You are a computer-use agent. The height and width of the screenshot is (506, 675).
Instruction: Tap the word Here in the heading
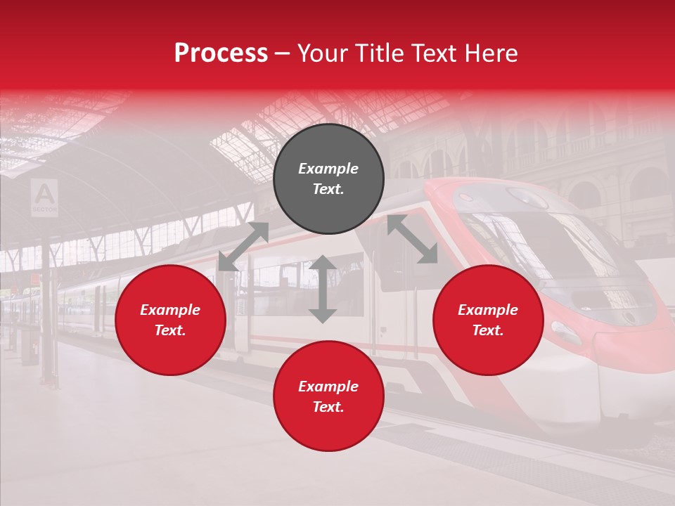click(490, 54)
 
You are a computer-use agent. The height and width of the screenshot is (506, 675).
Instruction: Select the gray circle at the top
click(328, 179)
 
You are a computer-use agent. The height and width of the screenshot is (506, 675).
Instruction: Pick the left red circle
click(170, 320)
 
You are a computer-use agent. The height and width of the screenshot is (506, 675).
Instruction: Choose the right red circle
click(488, 320)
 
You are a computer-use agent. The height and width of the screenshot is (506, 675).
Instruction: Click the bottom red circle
click(328, 396)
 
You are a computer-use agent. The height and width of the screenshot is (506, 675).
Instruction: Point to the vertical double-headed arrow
click(323, 289)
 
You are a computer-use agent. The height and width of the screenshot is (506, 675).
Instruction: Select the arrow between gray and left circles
click(243, 247)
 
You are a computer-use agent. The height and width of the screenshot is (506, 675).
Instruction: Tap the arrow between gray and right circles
click(412, 239)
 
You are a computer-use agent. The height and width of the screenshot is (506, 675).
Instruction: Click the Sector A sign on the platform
click(44, 197)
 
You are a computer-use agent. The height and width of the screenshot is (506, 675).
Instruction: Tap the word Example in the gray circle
click(328, 169)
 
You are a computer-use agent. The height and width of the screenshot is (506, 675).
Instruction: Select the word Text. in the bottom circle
click(328, 407)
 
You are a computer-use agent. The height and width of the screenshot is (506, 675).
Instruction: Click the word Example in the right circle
click(488, 310)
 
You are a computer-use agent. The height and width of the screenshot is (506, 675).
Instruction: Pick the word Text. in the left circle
click(170, 330)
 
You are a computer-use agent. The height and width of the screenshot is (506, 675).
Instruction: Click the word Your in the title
click(322, 54)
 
